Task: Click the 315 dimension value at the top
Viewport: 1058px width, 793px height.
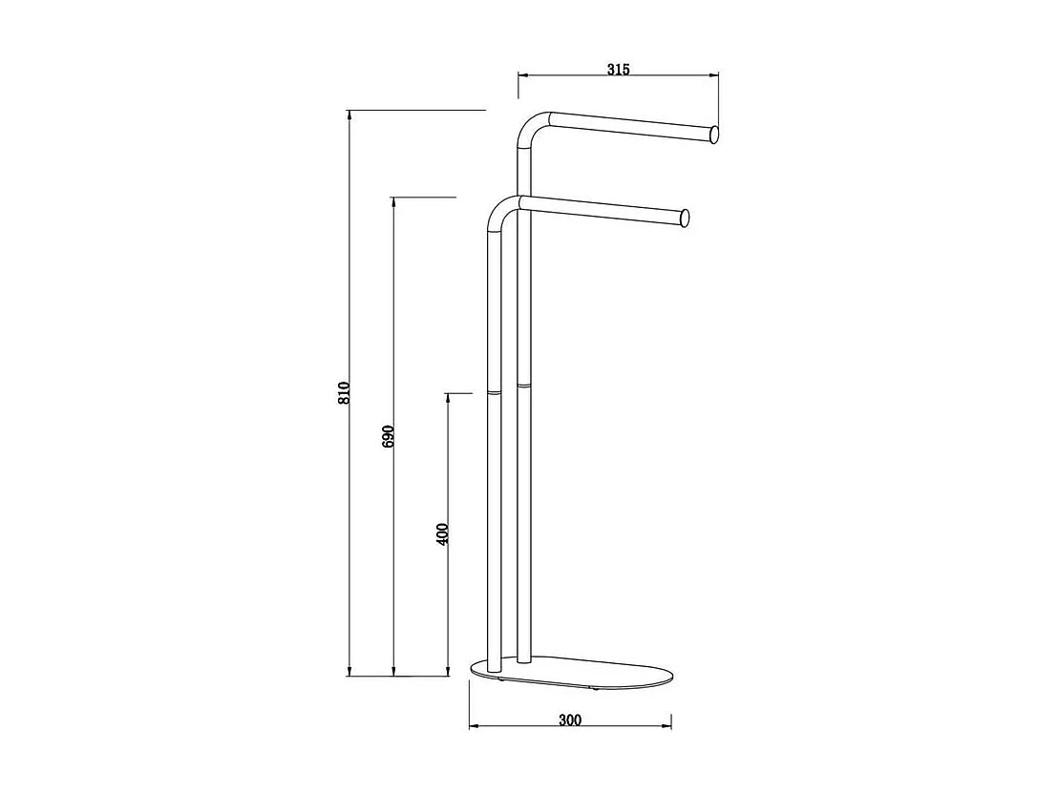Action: (x=618, y=69)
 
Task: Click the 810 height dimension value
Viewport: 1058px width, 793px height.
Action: (x=345, y=392)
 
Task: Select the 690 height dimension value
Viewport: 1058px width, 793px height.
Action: (x=388, y=436)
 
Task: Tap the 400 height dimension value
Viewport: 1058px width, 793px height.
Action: (x=441, y=532)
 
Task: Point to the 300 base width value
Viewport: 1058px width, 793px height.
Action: (x=570, y=720)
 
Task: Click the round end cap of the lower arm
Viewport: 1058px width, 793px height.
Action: (x=682, y=219)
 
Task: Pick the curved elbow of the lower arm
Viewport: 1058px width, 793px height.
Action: (x=500, y=212)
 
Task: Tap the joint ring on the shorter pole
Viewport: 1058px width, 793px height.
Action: (x=493, y=390)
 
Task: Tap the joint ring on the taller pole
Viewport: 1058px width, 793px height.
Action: (x=523, y=385)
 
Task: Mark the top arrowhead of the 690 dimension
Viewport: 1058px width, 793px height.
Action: (x=394, y=203)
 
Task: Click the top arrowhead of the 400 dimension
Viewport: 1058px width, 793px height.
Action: (x=449, y=398)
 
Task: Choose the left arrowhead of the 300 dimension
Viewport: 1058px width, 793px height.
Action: (x=475, y=728)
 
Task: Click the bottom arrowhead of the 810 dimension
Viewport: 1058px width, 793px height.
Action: (x=350, y=671)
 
